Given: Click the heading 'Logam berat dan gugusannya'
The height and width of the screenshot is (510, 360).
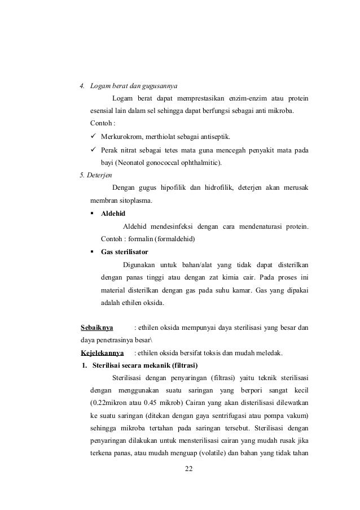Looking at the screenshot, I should click(x=134, y=87).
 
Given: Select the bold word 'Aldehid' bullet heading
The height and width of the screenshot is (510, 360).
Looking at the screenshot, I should click(x=113, y=214).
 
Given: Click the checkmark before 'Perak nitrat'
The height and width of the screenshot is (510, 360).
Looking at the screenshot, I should click(x=94, y=150).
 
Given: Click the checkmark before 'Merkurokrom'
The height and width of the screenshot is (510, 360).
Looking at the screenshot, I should click(x=94, y=137).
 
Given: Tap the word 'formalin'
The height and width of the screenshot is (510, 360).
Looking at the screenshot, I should click(x=141, y=239).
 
